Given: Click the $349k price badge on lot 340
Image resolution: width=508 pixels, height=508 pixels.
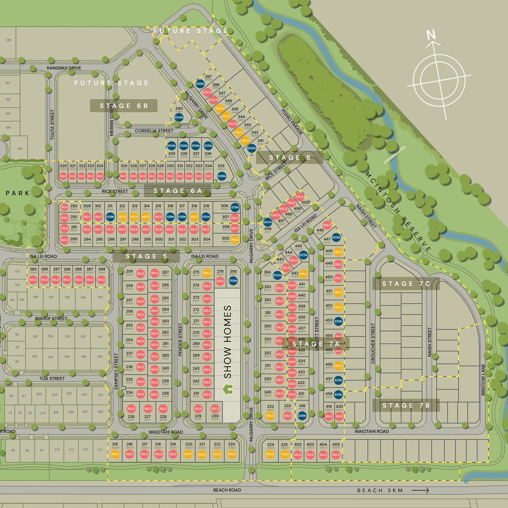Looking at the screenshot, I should coord(179,117).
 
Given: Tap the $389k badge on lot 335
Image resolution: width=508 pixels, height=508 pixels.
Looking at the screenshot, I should coord(221,176).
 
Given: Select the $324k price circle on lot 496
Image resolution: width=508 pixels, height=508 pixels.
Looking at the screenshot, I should coord(268,222).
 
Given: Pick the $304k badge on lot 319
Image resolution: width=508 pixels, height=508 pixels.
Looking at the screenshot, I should coord(206,216).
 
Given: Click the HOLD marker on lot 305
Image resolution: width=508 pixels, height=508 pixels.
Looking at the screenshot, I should coord(235,239).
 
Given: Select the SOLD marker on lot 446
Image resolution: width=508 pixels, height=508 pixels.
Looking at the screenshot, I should coord(327,225).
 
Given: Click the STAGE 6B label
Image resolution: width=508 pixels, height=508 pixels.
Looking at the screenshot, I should coord(123,106).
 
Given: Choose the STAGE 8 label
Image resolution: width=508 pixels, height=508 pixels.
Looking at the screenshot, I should coord(290,157).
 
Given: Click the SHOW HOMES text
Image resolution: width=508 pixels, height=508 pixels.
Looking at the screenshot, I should coord(227,341).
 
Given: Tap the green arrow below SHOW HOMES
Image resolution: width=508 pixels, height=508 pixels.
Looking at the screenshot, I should coord(228,390).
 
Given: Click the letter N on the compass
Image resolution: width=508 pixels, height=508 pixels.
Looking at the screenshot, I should coord(431,35).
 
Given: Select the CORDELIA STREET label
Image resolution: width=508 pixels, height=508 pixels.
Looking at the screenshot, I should coord(154,131).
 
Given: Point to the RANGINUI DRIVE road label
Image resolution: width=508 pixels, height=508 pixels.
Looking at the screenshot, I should coord(63,68).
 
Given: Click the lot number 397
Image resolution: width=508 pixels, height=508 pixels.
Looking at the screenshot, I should coord(208,76).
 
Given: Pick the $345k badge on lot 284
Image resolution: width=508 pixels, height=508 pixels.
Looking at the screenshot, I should coord(277,275).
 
